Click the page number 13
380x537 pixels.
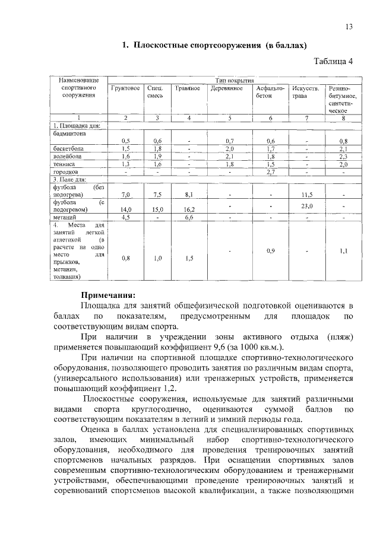[349, 27]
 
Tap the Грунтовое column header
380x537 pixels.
[125, 88]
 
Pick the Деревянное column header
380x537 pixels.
[227, 88]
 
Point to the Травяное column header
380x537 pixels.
[188, 88]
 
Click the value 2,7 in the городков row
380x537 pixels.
[270, 171]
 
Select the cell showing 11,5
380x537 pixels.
[307, 194]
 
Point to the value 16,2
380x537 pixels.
[189, 209]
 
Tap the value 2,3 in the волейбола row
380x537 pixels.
[343, 156]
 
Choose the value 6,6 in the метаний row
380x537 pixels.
[188, 217]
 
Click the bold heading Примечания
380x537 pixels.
[109, 295]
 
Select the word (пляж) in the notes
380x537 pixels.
[340, 336]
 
